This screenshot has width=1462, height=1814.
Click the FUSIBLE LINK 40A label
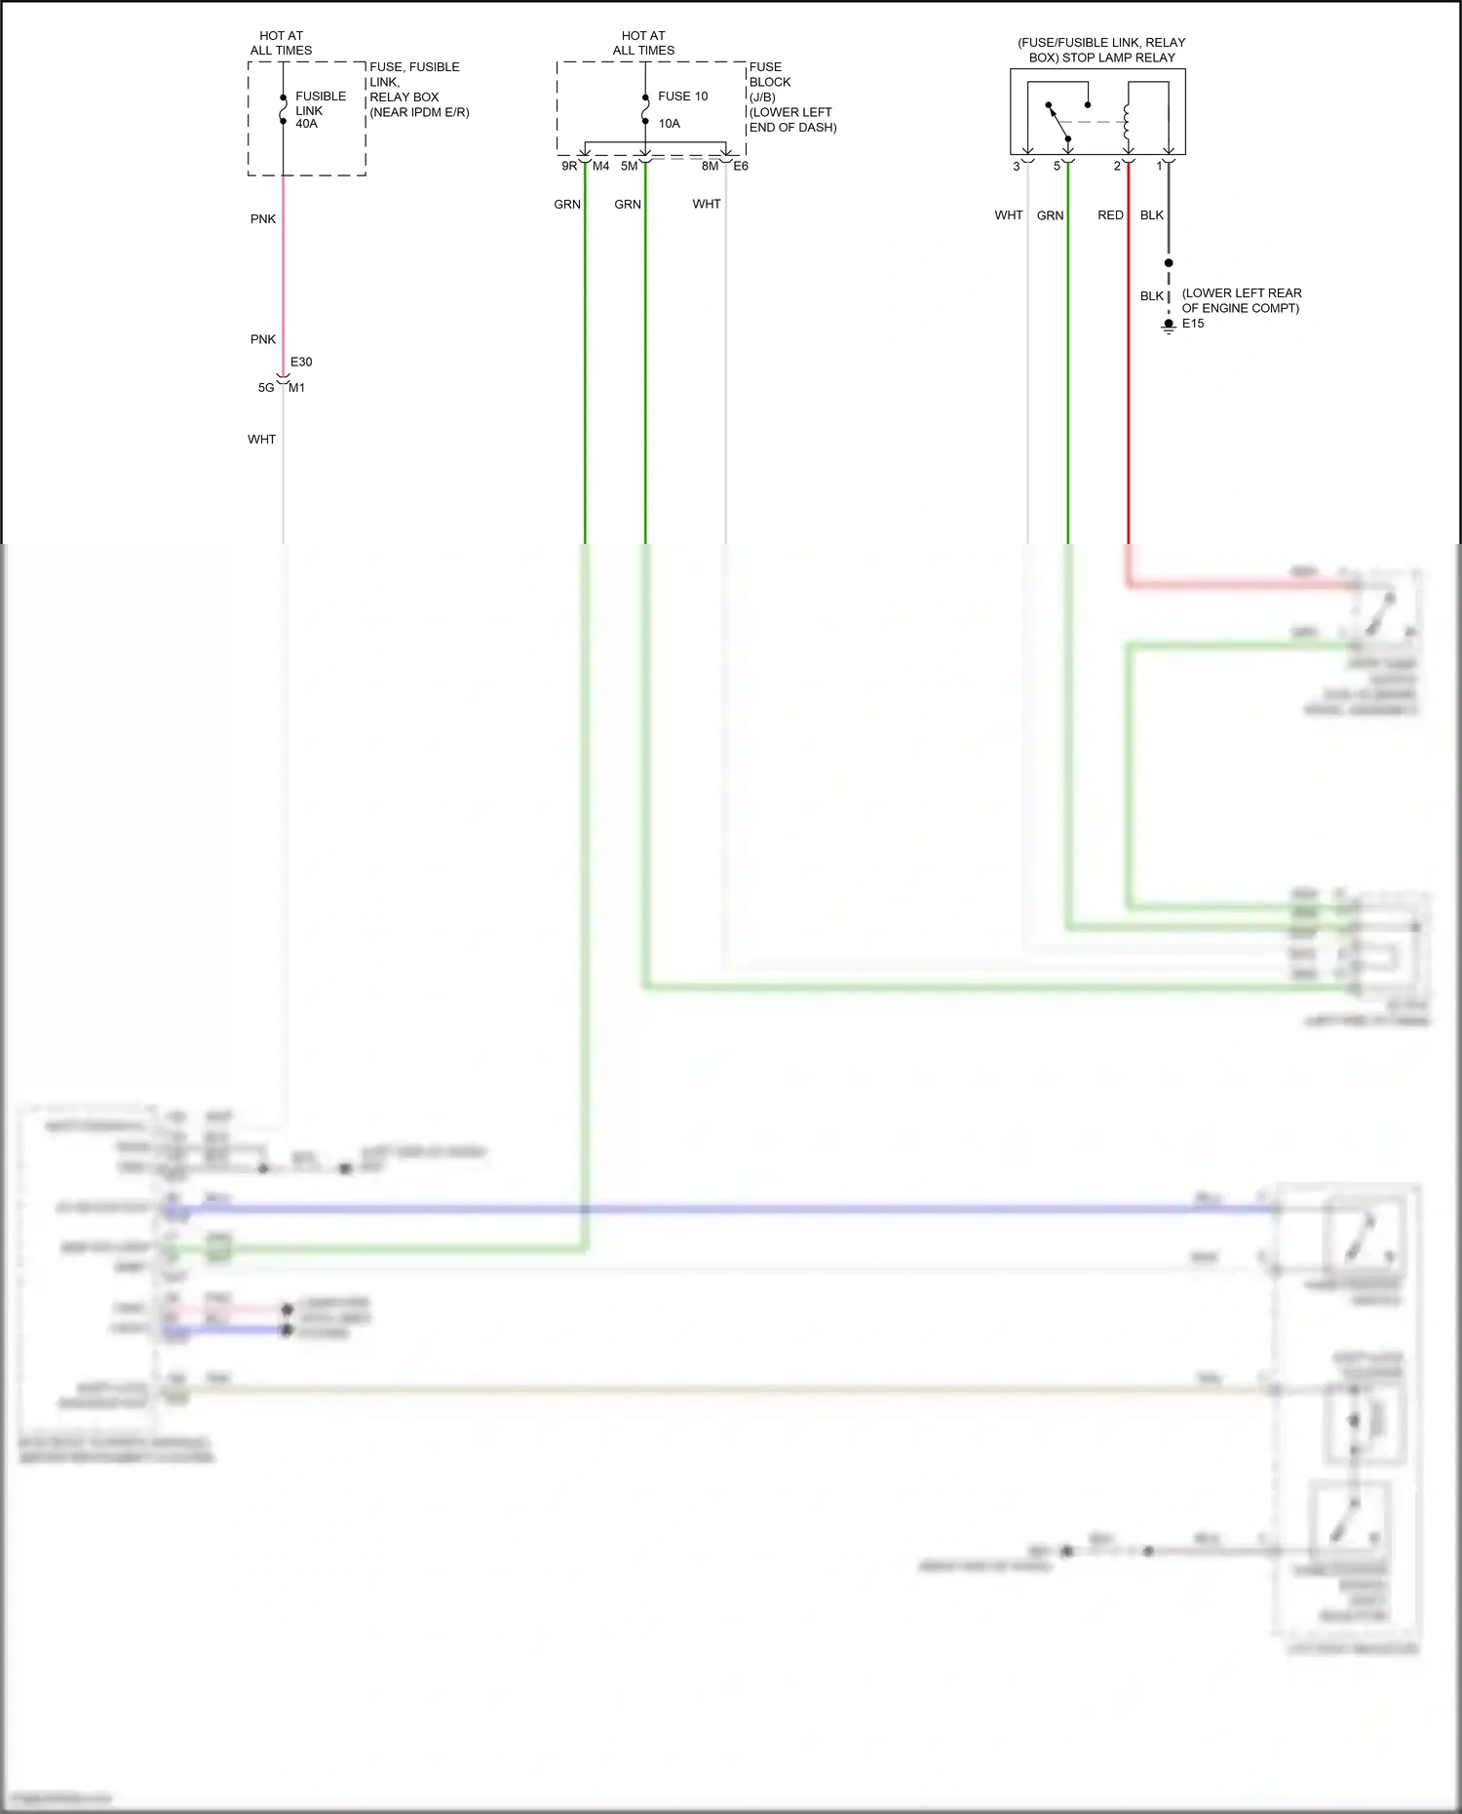point(320,110)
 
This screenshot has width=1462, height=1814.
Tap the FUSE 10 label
point(682,96)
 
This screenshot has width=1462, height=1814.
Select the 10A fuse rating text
point(669,124)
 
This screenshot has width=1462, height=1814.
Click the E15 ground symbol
point(1169,326)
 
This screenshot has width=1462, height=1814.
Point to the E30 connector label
point(301,363)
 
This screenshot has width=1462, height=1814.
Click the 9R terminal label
point(569,167)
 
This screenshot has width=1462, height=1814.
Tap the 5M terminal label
point(629,167)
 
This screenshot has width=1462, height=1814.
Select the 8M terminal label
point(710,167)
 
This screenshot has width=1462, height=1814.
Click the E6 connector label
point(741,167)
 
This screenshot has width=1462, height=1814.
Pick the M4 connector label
point(601,167)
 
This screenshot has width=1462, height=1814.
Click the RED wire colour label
point(1110,215)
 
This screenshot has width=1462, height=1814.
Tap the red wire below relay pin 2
point(1129,390)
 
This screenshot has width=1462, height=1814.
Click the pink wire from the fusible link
point(284,273)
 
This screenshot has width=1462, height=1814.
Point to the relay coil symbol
point(1128,121)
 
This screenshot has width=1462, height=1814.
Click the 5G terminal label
point(266,388)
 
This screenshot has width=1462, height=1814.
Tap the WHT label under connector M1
point(261,440)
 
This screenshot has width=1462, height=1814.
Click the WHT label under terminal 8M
point(707,205)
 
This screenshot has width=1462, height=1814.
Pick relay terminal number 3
point(1017,167)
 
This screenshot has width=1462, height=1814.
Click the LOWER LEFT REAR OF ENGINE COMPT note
point(1241,301)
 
